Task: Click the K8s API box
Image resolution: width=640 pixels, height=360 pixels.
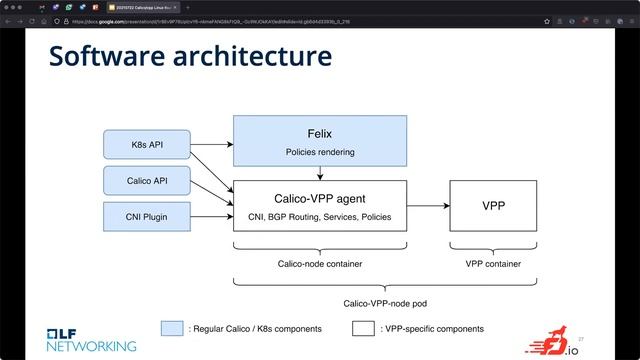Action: coord(146,145)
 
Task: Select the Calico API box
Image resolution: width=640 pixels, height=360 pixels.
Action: coord(146,181)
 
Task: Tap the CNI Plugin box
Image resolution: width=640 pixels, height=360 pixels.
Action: coord(146,216)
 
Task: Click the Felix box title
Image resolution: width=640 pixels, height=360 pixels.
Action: coord(320,134)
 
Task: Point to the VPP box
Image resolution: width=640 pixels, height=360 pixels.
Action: coord(493,206)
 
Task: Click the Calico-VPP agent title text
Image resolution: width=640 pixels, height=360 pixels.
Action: coord(320,198)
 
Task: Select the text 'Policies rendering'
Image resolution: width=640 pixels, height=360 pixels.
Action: coord(320,153)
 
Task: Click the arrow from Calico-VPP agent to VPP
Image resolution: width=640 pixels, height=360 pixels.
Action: coord(428,207)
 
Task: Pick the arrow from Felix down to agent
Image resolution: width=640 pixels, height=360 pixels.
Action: coord(320,173)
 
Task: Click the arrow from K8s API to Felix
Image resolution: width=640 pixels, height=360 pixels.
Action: coord(211,145)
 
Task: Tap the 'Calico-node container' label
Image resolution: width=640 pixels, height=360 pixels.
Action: coord(320,264)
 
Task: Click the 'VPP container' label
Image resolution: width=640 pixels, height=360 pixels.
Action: coord(493,264)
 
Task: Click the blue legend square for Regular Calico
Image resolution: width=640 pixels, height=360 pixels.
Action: coord(172,328)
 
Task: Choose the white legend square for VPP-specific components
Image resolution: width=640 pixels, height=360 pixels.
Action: coord(363,328)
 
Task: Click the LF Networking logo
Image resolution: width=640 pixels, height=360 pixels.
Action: coord(90,339)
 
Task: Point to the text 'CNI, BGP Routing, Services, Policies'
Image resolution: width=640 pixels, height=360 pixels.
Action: coord(320,216)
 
